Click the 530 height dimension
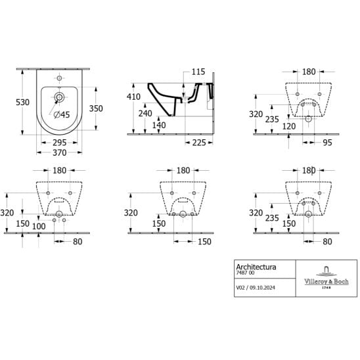click(x=22, y=102)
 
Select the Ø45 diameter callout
click(x=62, y=114)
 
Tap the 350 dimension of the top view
click(x=96, y=108)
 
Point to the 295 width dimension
click(x=60, y=143)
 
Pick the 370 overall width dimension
click(x=60, y=152)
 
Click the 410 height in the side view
click(x=133, y=97)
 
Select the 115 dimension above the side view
click(x=198, y=72)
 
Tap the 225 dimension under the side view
click(x=199, y=143)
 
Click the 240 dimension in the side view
click(x=145, y=114)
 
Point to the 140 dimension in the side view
click(x=159, y=125)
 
